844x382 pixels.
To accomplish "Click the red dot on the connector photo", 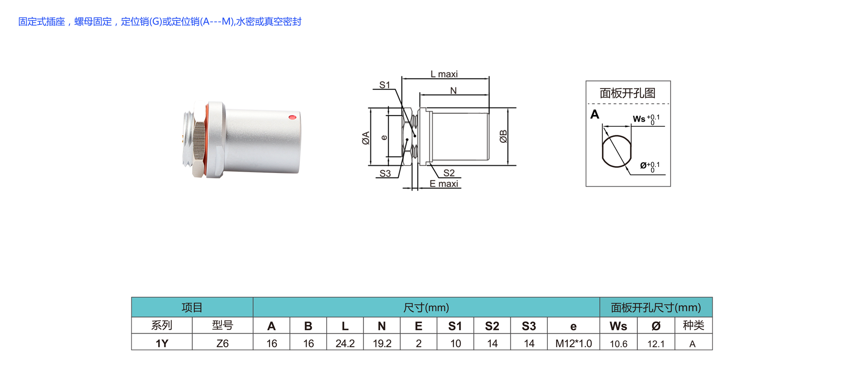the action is (292, 117).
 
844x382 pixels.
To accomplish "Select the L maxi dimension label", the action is (444, 74).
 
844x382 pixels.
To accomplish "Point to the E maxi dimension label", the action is (444, 184).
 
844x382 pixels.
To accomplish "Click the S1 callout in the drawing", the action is (385, 85).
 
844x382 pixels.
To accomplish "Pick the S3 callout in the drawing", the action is (385, 173).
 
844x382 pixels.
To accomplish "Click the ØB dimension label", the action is (503, 137).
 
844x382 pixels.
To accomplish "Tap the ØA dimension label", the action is (365, 138).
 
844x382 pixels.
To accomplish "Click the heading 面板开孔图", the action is (627, 93).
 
